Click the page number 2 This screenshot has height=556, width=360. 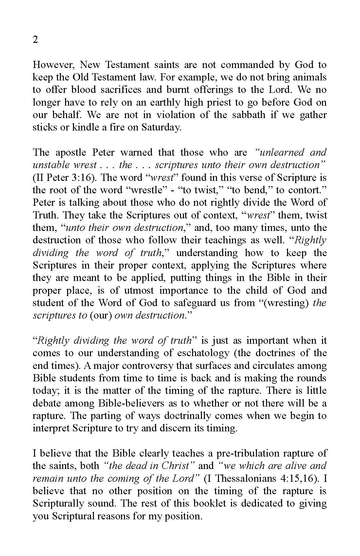click(35, 40)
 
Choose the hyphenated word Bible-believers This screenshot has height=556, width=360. click(132, 403)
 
